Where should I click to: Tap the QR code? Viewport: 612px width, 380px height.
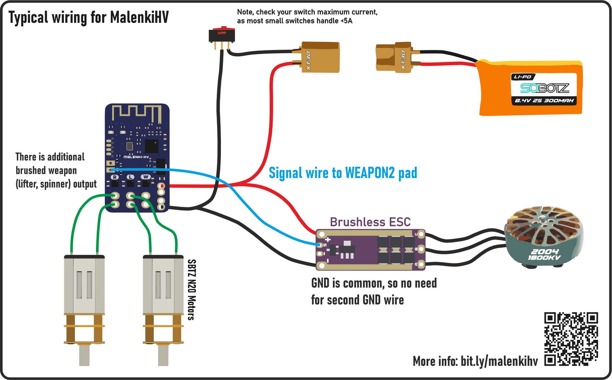tap(571, 339)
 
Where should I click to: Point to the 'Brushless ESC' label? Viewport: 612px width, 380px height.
tap(370, 222)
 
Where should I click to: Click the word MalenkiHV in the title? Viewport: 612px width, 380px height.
tap(139, 17)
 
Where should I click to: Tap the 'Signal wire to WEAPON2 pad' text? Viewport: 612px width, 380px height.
tap(343, 173)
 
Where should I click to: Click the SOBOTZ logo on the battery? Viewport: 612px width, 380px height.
tap(545, 88)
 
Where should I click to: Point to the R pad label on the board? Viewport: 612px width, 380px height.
tap(115, 177)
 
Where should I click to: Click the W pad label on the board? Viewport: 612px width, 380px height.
tap(146, 177)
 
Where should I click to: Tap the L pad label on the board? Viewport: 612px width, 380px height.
tap(130, 177)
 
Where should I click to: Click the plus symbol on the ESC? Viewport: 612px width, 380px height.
tap(328, 240)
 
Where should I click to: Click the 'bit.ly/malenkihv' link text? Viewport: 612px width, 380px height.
tap(499, 361)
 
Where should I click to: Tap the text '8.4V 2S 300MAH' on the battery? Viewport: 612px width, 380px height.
tap(544, 101)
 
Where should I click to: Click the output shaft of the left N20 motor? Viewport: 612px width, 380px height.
tap(84, 355)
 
